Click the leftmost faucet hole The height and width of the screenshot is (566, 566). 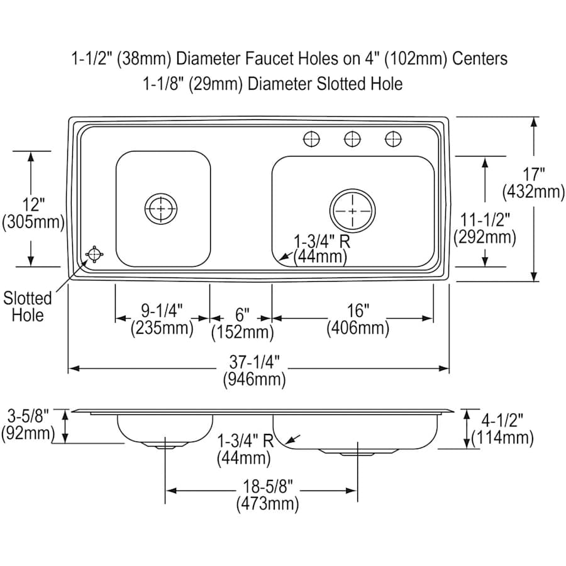(311, 139)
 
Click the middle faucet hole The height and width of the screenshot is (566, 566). (353, 139)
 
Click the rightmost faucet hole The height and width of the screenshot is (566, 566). (393, 139)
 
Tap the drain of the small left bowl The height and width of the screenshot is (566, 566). (160, 208)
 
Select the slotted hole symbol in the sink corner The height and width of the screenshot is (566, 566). (94, 254)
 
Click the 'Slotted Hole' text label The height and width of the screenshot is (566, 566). (28, 306)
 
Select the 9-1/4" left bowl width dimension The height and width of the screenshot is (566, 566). (162, 319)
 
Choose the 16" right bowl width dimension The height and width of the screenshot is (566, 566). (357, 319)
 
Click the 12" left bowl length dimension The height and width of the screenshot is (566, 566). (33, 213)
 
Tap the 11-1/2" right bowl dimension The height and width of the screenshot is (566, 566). (484, 228)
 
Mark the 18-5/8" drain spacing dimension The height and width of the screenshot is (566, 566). (267, 494)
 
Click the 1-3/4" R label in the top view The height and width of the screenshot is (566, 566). (321, 248)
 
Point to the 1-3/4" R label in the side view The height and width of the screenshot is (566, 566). (245, 449)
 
